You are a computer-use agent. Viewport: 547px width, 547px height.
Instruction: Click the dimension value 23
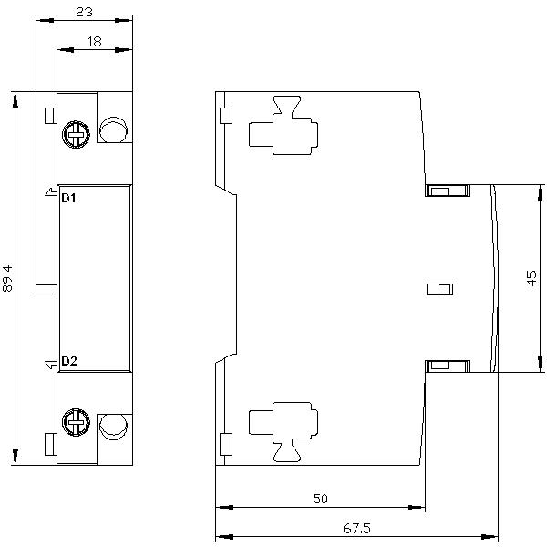85,12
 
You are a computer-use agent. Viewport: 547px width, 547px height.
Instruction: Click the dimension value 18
94,42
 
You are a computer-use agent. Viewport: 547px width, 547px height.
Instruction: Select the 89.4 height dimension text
7,278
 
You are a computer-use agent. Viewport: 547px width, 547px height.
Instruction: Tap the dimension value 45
532,278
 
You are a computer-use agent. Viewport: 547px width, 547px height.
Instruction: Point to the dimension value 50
320,499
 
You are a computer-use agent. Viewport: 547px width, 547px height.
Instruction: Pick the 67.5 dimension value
356,528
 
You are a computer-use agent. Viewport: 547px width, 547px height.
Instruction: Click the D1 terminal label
68,198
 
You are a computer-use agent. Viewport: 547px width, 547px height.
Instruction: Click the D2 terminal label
69,361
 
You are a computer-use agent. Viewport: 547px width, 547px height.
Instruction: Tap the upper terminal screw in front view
76,135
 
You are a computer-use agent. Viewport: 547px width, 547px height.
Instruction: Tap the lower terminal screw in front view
76,422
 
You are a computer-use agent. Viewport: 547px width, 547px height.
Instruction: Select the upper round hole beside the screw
113,129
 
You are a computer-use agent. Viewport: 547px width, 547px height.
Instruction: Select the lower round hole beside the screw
113,427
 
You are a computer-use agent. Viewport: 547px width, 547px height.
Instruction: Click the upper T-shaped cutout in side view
284,125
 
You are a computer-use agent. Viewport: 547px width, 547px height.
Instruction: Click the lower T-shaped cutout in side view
284,432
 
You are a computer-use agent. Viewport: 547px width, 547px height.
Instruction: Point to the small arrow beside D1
51,192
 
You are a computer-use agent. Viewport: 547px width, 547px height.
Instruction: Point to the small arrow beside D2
51,365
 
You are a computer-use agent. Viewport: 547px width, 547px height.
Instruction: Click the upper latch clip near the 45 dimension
447,191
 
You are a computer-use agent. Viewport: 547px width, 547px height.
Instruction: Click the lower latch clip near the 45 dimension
447,366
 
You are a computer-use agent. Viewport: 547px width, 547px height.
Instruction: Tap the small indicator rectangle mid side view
440,290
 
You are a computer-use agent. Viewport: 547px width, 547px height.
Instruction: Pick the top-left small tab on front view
50,116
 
